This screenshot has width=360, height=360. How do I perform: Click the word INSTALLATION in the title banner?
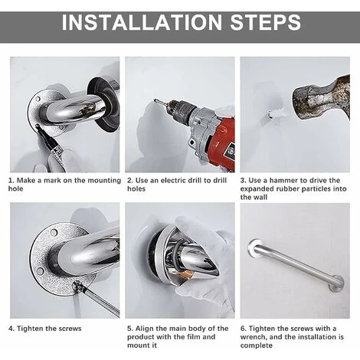(142, 22)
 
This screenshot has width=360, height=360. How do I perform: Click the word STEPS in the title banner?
(266, 22)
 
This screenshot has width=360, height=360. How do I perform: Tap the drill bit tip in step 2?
(155, 100)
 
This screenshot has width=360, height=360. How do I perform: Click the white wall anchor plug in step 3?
(277, 113)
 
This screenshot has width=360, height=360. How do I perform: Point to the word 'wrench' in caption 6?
(253, 337)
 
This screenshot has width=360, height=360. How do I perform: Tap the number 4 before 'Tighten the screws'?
(11, 329)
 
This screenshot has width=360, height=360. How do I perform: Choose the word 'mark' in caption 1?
(52, 181)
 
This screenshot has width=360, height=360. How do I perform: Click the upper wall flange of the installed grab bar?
(254, 246)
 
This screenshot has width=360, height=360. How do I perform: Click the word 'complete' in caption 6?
(257, 345)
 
